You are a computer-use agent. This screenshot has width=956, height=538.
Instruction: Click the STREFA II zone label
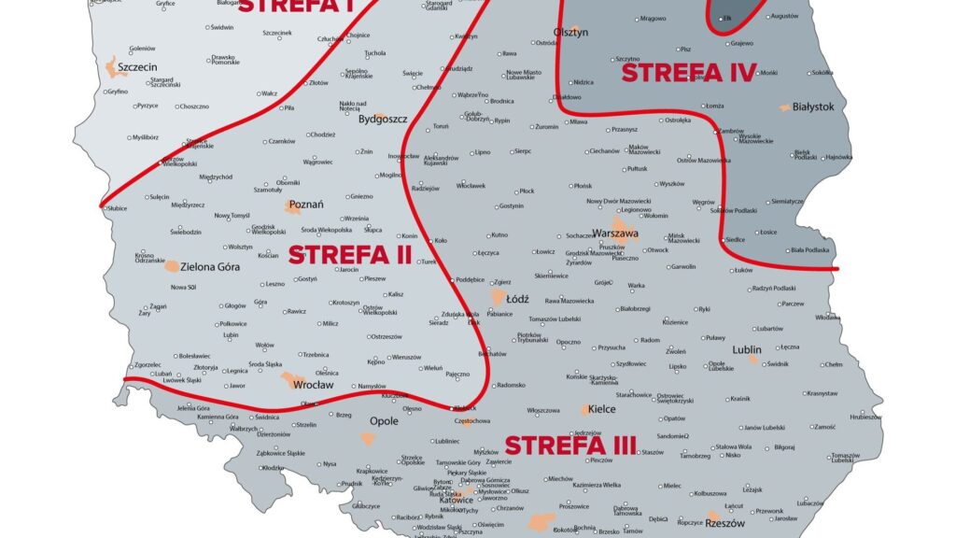point(350,254)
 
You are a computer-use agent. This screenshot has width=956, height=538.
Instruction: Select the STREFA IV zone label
point(688,72)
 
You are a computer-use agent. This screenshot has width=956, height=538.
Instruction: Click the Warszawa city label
point(615,233)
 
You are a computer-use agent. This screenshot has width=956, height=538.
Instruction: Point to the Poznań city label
point(307,205)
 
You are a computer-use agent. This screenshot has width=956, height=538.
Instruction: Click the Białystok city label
point(812,107)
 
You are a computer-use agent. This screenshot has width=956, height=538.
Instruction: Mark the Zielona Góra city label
point(210,266)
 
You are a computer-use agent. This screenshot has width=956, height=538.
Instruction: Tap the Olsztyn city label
point(570,33)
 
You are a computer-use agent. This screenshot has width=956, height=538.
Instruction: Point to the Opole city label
point(384,421)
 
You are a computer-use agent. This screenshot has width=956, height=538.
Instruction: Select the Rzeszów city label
point(725,523)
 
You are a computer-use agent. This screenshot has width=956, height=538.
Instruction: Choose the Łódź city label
point(517,300)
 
